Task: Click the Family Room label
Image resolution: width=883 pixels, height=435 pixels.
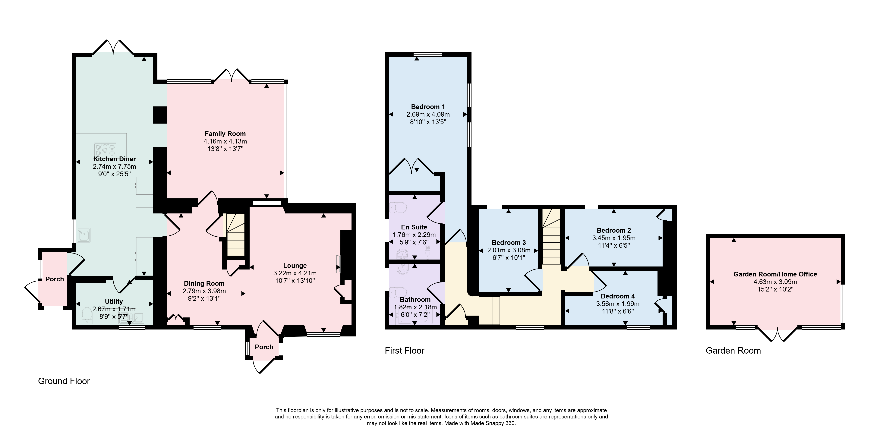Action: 225,134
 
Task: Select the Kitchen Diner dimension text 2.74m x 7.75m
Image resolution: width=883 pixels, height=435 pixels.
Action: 115,167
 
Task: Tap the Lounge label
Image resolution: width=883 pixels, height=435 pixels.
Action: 295,266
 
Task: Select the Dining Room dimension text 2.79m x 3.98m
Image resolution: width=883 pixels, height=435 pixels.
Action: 204,291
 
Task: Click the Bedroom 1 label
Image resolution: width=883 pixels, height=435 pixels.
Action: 428,107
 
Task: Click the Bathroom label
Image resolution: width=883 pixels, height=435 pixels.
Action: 415,300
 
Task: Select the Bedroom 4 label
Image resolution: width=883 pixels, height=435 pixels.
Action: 618,296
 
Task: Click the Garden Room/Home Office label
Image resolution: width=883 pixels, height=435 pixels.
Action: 775,274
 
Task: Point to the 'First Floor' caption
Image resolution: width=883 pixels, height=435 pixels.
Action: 405,351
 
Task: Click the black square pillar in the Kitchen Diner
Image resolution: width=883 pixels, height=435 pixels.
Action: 160,115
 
